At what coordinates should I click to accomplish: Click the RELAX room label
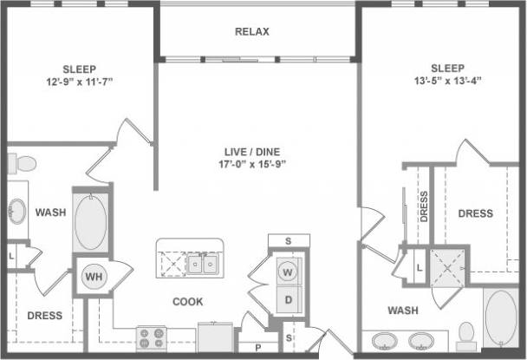tap(252, 32)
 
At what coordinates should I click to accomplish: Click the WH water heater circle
tap(93, 278)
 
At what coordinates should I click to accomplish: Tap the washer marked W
tap(287, 272)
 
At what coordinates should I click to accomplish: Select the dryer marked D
tap(287, 300)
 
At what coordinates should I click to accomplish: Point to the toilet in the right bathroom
tap(466, 333)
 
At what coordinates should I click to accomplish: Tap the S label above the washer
tap(287, 240)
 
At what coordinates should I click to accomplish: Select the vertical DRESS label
tap(423, 207)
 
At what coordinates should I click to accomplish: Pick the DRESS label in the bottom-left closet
tap(44, 316)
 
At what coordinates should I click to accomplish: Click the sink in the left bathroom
tap(16, 209)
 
